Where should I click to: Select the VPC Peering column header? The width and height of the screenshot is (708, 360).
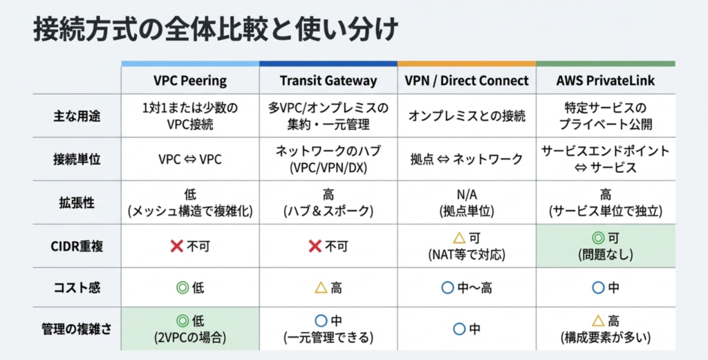click(x=190, y=81)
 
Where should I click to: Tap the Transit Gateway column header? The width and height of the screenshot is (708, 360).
click(x=328, y=81)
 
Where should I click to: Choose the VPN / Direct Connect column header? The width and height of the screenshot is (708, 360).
click(x=467, y=81)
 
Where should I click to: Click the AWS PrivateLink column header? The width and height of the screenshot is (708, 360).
click(x=606, y=81)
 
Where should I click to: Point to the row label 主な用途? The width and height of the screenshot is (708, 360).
click(x=77, y=116)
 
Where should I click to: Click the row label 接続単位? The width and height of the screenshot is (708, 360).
click(x=77, y=160)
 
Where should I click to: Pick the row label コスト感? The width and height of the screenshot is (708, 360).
click(x=77, y=287)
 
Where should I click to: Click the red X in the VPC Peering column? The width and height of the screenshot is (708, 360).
click(x=176, y=246)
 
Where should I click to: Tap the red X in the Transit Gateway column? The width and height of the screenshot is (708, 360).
click(x=315, y=246)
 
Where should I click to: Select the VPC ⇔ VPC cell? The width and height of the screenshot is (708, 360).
click(x=190, y=160)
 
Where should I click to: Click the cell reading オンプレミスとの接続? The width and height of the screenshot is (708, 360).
click(x=467, y=116)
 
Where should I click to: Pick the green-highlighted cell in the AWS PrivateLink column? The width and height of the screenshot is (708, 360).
click(x=606, y=246)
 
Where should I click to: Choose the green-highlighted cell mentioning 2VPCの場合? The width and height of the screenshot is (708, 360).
click(x=190, y=329)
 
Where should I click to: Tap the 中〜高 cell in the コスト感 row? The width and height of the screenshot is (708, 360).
click(x=467, y=287)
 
